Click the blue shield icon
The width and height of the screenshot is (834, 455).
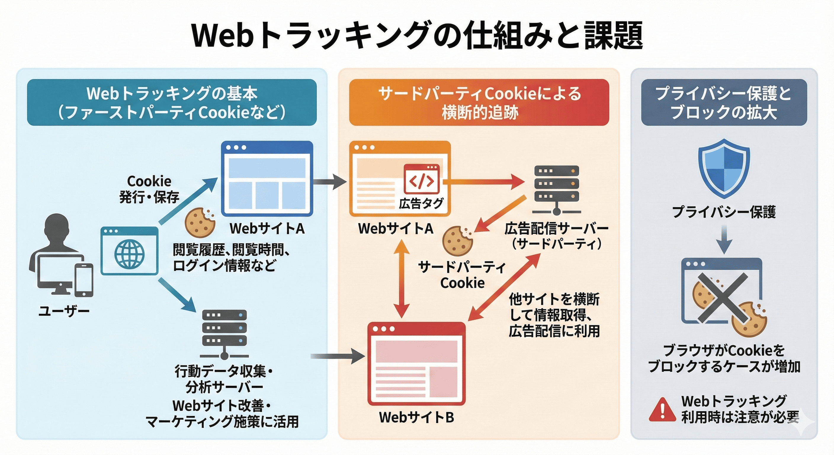click(724, 168)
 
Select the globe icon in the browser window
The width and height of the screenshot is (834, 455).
click(129, 254)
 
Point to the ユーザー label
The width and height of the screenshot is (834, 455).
click(64, 311)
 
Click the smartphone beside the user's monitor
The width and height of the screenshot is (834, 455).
click(84, 279)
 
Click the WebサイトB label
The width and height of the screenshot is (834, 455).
click(416, 417)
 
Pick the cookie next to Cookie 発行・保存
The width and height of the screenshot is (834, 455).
click(200, 222)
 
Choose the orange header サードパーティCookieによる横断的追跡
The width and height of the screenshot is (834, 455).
click(479, 102)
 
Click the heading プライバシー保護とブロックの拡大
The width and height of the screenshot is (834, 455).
click(724, 102)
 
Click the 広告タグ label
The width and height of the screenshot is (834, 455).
click(421, 204)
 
